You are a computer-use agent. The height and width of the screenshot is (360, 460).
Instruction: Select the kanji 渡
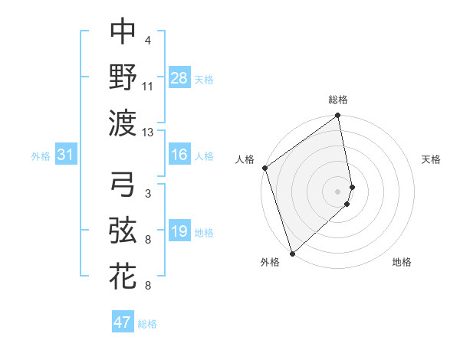[123, 121]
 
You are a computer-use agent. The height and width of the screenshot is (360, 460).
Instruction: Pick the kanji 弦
[123, 229]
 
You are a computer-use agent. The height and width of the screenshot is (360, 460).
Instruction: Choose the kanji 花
[123, 275]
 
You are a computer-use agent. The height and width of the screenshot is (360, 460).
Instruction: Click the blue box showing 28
[179, 77]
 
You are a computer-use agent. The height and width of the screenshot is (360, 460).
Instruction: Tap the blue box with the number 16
[179, 155]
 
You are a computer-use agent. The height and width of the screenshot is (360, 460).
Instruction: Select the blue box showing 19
[179, 231]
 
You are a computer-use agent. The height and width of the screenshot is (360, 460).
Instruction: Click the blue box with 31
[66, 155]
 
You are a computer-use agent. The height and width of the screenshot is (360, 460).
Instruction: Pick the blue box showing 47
[123, 322]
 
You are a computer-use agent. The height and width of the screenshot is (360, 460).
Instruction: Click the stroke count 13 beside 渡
[149, 133]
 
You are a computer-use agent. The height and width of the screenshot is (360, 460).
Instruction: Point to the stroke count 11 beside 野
[149, 87]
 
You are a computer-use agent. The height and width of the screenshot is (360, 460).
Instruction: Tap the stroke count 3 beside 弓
[147, 195]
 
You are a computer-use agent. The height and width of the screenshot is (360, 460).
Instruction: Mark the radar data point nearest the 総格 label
[337, 116]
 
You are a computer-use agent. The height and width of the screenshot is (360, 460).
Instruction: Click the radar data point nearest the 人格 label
[264, 169]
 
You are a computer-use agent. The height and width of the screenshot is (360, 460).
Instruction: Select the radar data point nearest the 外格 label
[292, 253]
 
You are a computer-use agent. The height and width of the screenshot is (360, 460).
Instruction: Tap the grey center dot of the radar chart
[337, 191]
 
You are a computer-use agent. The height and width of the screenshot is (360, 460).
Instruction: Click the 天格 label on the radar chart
[431, 159]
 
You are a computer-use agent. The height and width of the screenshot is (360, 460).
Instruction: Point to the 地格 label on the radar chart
[402, 262]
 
